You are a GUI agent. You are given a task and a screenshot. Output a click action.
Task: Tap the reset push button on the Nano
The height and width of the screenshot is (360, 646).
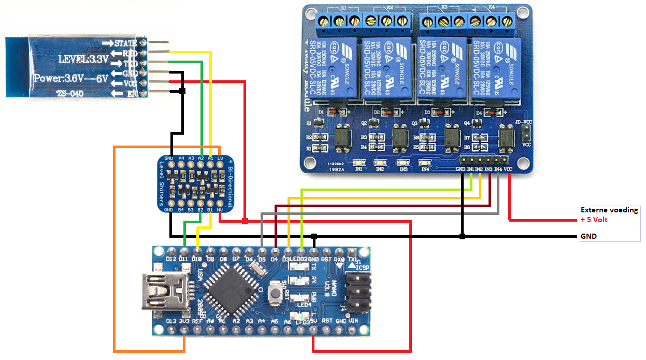pyautogui.click(x=275, y=295)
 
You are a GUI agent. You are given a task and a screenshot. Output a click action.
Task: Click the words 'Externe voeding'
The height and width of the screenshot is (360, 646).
pyautogui.click(x=609, y=210)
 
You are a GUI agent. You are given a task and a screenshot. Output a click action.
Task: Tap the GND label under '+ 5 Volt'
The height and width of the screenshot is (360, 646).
pyautogui.click(x=588, y=236)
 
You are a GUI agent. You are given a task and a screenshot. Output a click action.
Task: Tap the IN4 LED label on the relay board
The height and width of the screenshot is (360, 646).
pyautogui.click(x=425, y=169)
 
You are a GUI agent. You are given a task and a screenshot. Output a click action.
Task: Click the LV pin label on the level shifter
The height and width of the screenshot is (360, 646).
pyautogui.click(x=220, y=158)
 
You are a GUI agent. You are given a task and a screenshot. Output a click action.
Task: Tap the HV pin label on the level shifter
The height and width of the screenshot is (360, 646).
pyautogui.click(x=220, y=210)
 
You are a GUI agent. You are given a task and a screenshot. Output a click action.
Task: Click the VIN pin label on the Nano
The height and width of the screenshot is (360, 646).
pyautogui.click(x=353, y=321)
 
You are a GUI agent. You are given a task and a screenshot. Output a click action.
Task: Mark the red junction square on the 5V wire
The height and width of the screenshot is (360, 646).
pyautogui.click(x=245, y=222)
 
